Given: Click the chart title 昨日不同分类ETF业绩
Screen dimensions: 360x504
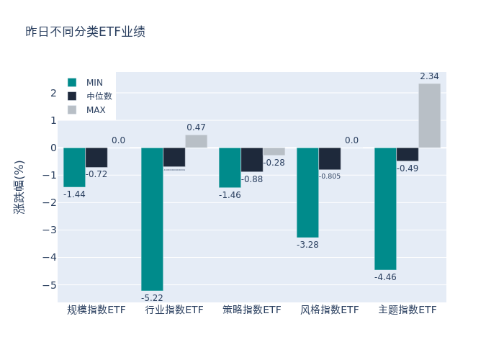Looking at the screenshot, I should (x=85, y=32).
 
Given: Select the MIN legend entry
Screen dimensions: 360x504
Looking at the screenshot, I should (x=86, y=82).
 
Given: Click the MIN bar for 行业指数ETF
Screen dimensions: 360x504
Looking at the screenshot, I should (x=152, y=219).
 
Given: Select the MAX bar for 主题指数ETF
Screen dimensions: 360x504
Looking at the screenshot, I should (x=429, y=116).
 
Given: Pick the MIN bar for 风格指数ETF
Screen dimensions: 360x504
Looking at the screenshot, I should (x=307, y=192).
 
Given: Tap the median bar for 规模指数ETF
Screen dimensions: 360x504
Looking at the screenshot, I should (x=96, y=157).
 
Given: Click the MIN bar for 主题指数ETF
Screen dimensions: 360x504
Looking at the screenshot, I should (x=385, y=209).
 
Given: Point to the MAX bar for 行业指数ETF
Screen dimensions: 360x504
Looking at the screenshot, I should (x=196, y=141).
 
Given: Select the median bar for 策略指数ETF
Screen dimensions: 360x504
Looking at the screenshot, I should (x=252, y=159).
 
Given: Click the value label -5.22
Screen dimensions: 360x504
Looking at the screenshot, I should (x=152, y=298).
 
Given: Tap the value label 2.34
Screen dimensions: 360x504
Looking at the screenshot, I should (x=429, y=76).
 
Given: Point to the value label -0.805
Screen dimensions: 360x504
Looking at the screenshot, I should (x=330, y=176).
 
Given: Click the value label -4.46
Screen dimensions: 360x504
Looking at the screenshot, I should (x=385, y=277).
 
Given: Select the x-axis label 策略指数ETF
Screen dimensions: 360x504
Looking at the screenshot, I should (x=252, y=310).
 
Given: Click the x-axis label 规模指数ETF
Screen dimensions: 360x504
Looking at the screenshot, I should (x=96, y=310).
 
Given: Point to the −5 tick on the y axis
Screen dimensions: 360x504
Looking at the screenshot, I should (x=53, y=284).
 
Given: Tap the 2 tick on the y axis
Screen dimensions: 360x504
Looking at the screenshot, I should (x=53, y=93).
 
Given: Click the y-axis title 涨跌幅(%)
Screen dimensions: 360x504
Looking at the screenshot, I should (x=19, y=187).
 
